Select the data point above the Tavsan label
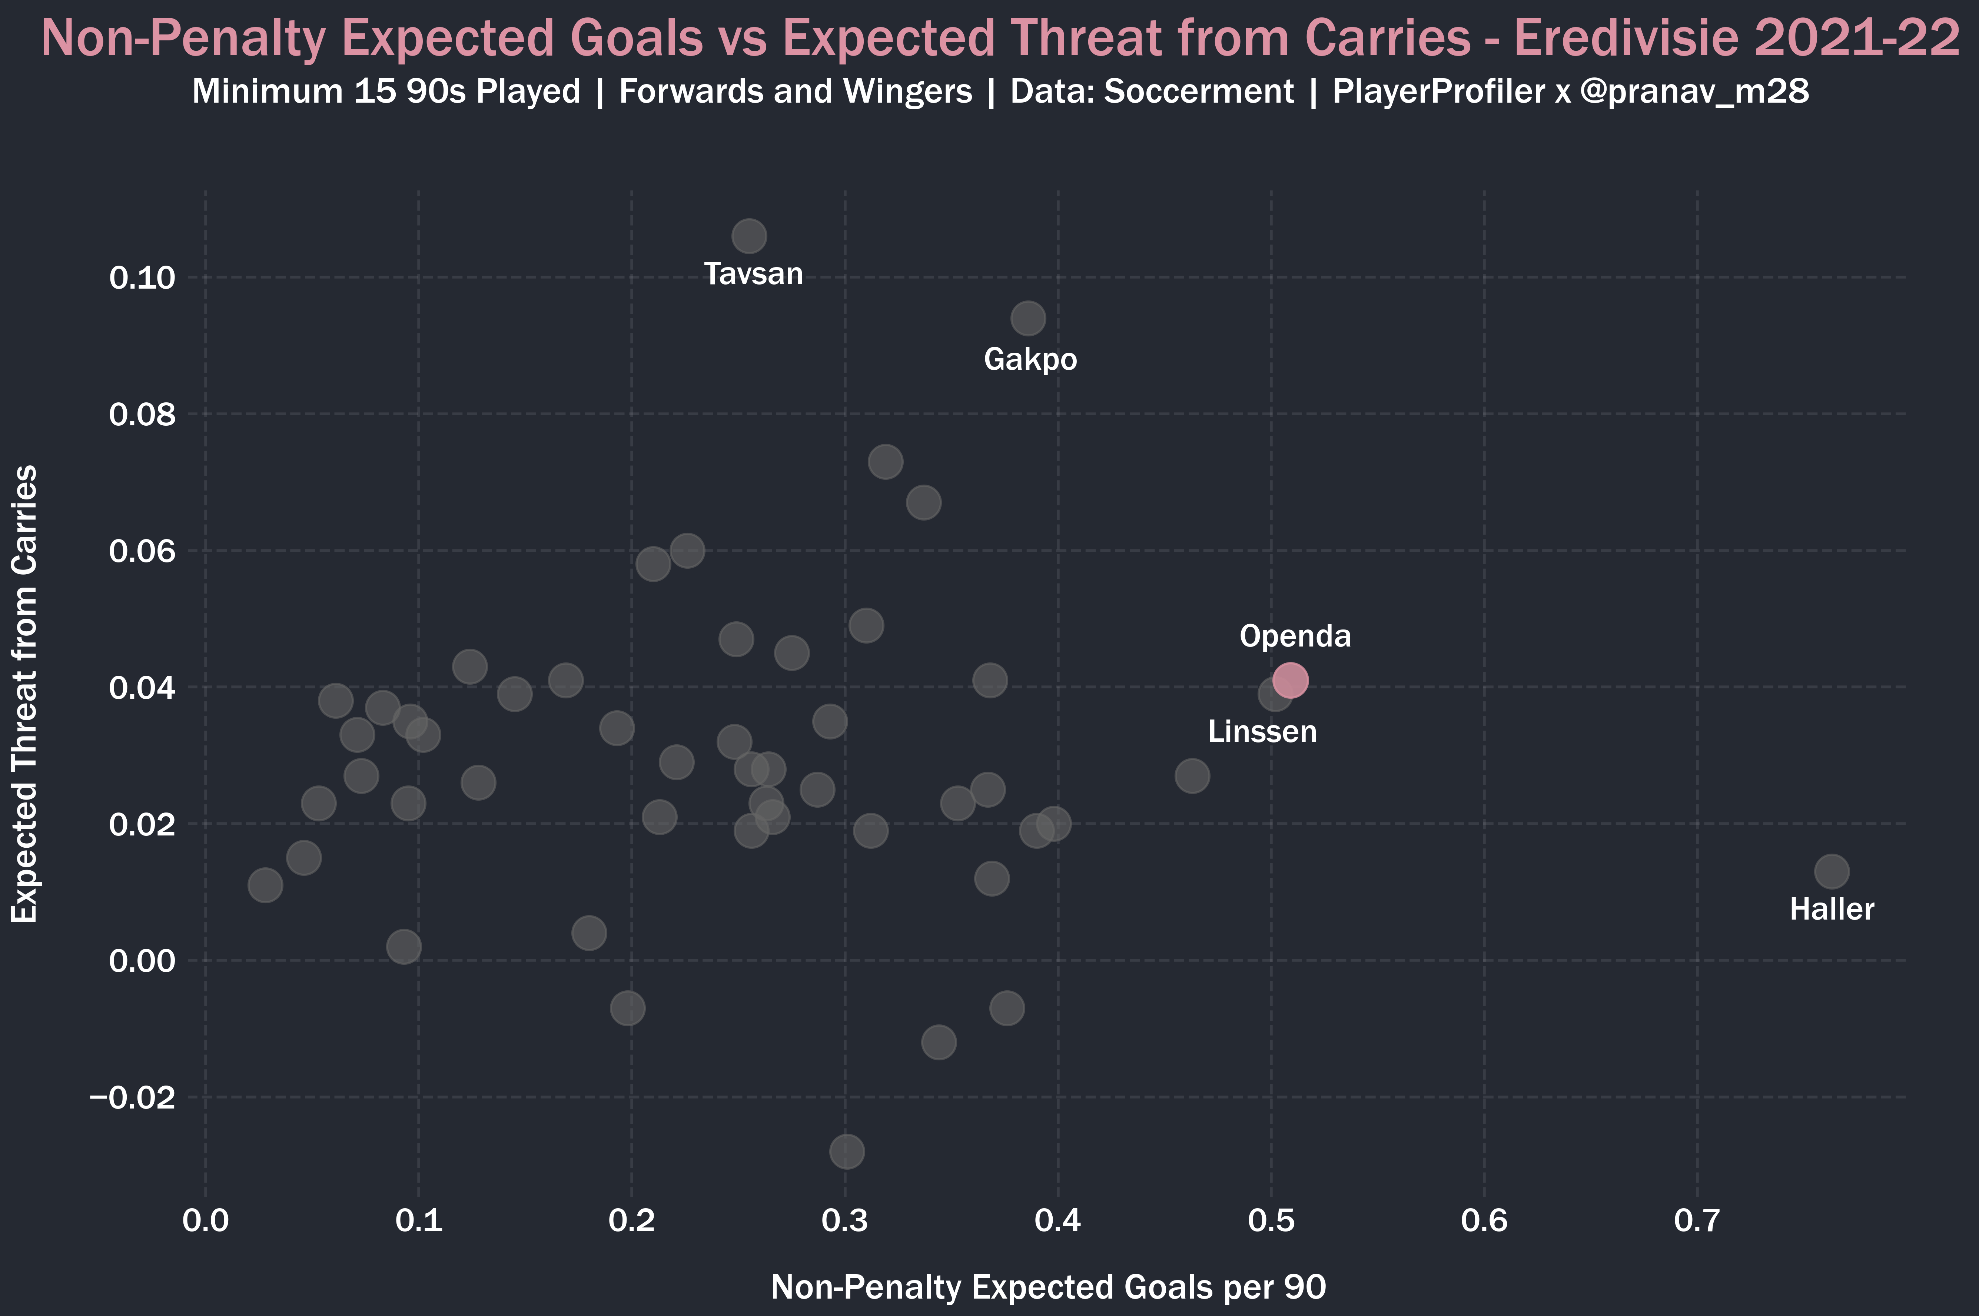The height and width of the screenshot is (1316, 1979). point(748,237)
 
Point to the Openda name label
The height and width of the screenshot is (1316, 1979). point(1295,636)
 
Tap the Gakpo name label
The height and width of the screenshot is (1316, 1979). point(1030,359)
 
